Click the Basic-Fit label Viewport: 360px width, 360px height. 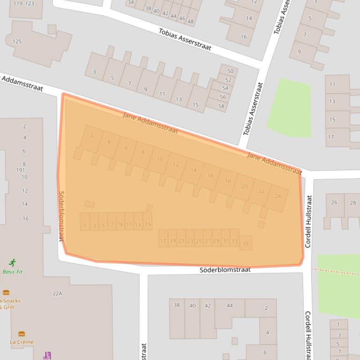point(13,272)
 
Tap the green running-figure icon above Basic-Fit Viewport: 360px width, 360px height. point(13,263)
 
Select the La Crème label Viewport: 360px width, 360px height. point(22,342)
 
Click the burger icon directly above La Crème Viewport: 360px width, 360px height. point(22,334)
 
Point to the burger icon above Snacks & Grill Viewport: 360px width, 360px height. point(6,293)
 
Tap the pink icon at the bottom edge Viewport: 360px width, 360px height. point(46,356)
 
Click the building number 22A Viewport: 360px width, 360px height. point(57,294)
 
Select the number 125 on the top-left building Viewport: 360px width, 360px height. point(17,42)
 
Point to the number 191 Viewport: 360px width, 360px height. point(21,170)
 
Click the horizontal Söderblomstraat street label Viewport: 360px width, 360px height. point(225,270)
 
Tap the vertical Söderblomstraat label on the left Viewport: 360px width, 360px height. point(61,216)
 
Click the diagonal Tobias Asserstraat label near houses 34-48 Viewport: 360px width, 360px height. point(184,40)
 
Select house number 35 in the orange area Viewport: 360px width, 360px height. point(245,244)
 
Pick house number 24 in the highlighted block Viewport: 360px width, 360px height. point(278,196)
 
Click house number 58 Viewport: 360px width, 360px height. point(221,106)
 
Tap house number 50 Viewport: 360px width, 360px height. point(230,72)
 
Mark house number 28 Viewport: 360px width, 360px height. point(353,202)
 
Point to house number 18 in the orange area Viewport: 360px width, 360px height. point(228,181)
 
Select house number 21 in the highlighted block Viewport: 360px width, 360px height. point(181,241)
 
